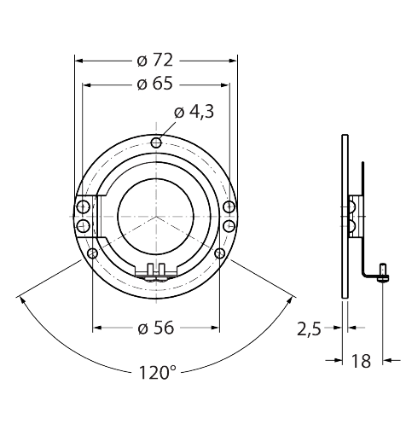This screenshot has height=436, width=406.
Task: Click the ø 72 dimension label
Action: click(155, 60)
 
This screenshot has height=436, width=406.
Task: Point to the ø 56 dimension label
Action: click(155, 328)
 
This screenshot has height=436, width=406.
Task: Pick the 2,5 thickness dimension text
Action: click(309, 328)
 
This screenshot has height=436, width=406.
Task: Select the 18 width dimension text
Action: click(361, 361)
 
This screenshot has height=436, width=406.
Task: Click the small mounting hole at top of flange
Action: click(155, 142)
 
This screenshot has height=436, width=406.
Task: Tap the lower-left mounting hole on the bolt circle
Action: click(92, 253)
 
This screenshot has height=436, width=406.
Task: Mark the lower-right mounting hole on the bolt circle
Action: click(219, 253)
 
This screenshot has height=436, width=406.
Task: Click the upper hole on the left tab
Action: click(84, 208)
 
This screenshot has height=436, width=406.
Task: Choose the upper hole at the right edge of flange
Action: click(229, 208)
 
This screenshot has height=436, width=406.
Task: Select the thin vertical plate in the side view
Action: click(344, 213)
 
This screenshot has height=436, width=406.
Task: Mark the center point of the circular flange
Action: click(155, 217)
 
